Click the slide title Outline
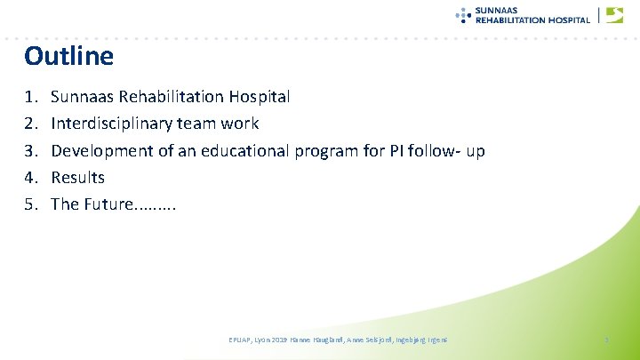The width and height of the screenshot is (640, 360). [x=69, y=57]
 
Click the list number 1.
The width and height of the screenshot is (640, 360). [x=30, y=96]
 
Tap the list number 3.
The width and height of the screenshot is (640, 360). [x=30, y=150]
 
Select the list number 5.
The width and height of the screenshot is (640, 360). [x=30, y=204]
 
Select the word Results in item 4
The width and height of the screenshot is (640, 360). [x=77, y=178]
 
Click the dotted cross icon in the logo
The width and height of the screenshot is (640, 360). [x=463, y=14]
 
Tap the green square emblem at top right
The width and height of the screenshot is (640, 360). [x=614, y=15]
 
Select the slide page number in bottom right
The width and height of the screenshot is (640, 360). [x=605, y=340]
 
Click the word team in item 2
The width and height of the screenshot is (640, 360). [x=199, y=123]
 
